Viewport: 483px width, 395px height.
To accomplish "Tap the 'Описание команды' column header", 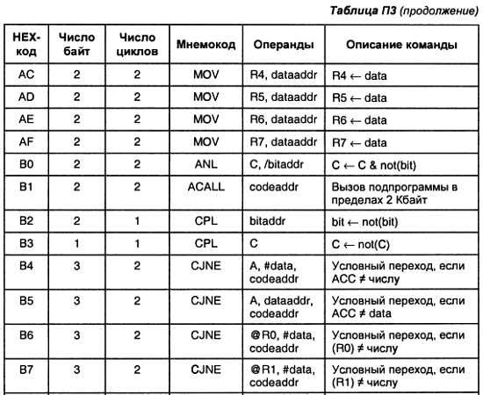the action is click(x=400, y=44).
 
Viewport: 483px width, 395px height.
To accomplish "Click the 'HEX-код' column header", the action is click(x=26, y=44).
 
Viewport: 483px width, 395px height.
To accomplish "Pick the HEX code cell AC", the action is click(x=26, y=75).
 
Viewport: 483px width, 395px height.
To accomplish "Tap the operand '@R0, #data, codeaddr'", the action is click(x=283, y=341).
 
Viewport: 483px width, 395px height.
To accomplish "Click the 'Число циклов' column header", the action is click(x=137, y=44).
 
